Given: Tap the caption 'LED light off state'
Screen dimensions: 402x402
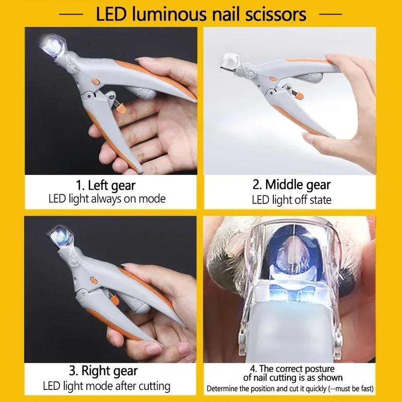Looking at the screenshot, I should [x=291, y=200].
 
